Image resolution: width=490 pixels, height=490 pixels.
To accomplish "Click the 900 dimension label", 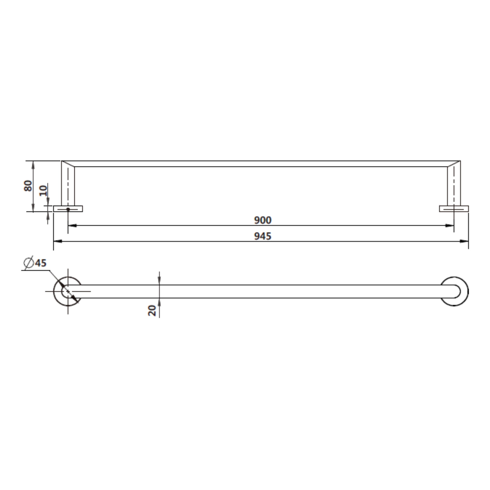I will [x=263, y=220].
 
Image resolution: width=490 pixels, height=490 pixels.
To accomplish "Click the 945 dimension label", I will [x=263, y=236].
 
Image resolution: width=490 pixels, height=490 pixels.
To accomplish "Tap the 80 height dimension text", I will [x=28, y=186].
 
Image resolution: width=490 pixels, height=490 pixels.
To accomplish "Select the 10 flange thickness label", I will [x=43, y=191].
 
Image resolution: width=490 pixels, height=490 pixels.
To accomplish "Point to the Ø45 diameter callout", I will [x=35, y=263].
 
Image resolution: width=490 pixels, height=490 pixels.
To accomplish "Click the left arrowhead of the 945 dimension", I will [x=57, y=241].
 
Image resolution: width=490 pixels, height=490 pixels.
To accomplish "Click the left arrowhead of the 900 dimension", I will [x=72, y=225].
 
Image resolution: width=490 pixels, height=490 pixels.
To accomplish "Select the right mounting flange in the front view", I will [x=454, y=209].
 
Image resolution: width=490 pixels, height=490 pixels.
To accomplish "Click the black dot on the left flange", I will [x=68, y=209].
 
